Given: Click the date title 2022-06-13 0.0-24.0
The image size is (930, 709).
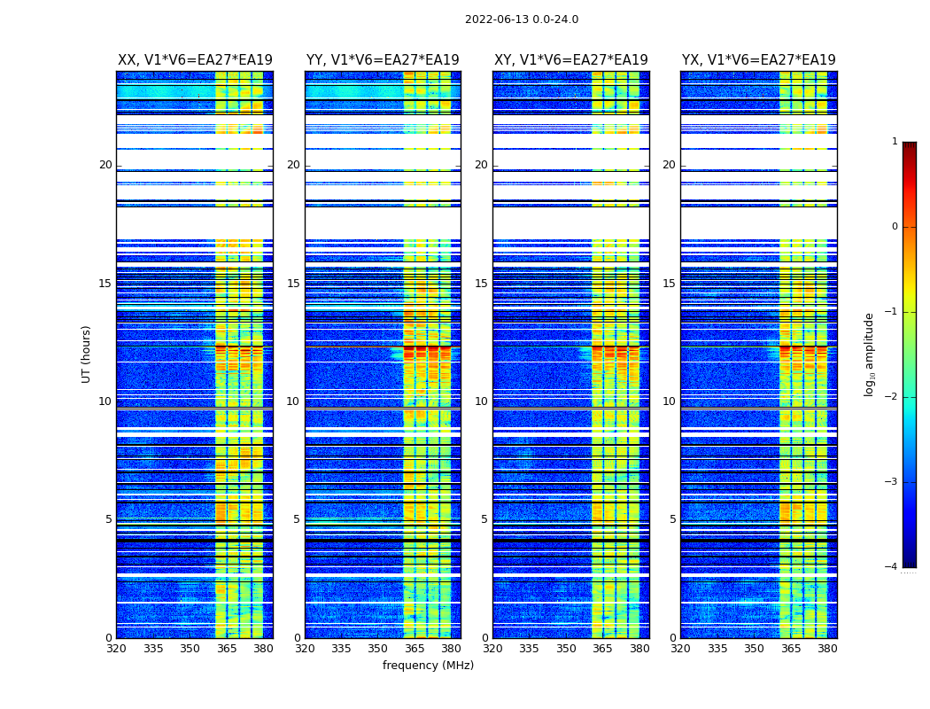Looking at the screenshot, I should point(522,19).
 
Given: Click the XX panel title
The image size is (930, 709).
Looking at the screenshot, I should point(195,60).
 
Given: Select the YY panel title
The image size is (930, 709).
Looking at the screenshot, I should point(383,60).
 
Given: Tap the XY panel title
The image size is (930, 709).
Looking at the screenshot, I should point(570,60).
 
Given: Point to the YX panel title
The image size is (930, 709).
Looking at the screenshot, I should point(758,60).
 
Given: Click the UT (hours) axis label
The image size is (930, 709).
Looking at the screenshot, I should point(87,354).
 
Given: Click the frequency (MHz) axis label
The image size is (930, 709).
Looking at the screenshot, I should point(428,666).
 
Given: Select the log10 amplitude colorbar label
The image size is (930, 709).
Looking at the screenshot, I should point(870,354).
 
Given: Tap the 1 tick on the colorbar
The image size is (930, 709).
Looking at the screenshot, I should point(895,142).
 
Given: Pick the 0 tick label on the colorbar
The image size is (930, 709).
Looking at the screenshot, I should point(895,227).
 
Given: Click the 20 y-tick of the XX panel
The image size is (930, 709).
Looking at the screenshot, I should point(105,165).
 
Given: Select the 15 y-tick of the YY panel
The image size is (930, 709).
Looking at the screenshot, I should point(293,284).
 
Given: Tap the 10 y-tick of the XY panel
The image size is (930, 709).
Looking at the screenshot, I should point(481,401).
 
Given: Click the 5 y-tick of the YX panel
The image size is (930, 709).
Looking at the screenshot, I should point(673,519).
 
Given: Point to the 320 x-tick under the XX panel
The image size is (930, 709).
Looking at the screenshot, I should point(116,649).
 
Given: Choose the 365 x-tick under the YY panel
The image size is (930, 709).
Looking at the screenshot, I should point(415,649).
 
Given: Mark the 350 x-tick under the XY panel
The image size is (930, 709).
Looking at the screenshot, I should point(566,649).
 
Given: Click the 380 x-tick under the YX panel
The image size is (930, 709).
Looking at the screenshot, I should point(827,649).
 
